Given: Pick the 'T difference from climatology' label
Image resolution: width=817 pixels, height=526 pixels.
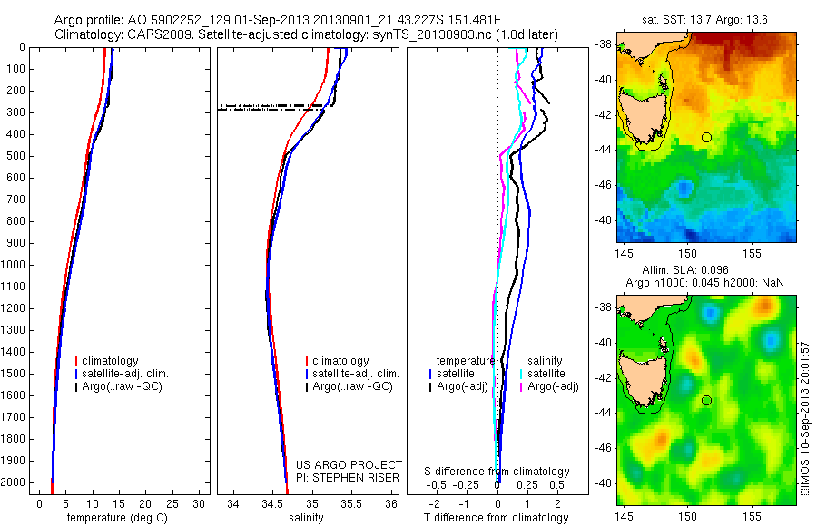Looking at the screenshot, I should point(496,518).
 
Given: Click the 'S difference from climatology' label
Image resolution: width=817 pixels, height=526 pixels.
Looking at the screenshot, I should point(497,472).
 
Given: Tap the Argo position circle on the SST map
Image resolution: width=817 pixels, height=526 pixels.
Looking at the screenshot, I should point(706,137).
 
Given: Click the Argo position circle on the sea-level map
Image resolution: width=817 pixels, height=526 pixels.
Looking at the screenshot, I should point(706,400).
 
